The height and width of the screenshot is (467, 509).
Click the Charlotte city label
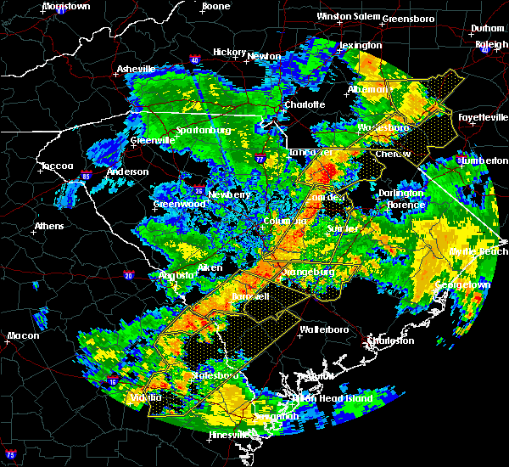click(305, 104)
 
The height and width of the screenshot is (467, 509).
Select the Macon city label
click(23, 335)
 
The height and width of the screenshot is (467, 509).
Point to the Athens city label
click(49, 227)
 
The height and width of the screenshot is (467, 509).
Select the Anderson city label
click(128, 172)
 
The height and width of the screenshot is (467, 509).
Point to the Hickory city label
click(230, 52)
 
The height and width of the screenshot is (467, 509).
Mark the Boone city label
click(215, 7)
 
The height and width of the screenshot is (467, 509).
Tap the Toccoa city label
click(56, 166)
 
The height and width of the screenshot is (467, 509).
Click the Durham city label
click(488, 28)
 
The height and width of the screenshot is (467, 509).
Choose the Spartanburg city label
click(204, 131)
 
